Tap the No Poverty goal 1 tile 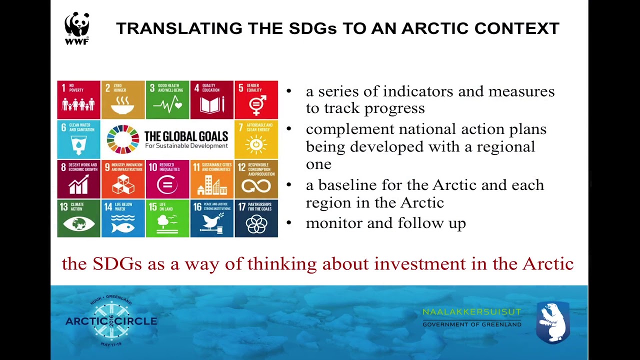click(78, 100)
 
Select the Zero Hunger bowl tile click(123, 100)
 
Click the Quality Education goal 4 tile click(212, 100)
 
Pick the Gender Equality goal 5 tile click(256, 100)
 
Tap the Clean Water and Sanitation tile click(78, 139)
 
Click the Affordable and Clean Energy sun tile click(256, 139)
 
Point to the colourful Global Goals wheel click(123, 139)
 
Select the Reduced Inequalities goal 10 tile click(167, 179)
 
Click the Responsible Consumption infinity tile click(256, 179)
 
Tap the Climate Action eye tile click(78, 218)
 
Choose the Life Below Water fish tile click(123, 218)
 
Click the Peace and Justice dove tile click(212, 218)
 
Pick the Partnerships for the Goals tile click(256, 218)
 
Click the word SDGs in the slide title click(312, 28)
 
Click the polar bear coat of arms click(552, 322)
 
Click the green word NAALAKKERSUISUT click(472, 312)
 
